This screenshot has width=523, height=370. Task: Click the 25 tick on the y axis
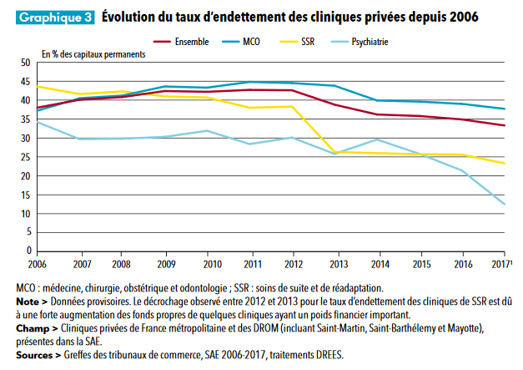tap(24, 157)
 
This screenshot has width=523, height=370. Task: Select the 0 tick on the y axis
tap(27, 250)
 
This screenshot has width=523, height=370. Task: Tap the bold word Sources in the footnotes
tap(33, 355)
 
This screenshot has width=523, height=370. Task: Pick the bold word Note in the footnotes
tap(28, 302)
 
